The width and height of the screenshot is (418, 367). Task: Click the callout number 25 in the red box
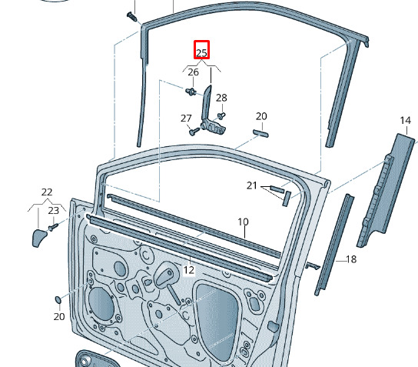coord(201,53)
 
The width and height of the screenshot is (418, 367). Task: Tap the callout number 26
coord(194,72)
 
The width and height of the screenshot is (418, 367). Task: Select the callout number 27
coord(186,118)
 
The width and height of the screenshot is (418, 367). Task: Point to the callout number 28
coord(221,98)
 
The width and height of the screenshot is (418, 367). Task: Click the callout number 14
coord(406,121)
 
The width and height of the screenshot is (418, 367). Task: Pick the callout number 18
coord(351,259)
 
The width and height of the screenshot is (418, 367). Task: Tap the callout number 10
coord(243,222)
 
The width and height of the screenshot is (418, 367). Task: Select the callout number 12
coord(189,270)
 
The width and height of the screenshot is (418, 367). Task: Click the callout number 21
coord(252,185)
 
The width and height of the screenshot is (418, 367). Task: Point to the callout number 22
coord(47,192)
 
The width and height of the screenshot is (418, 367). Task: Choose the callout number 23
coord(54,211)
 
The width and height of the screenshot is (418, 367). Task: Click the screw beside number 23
coord(53,228)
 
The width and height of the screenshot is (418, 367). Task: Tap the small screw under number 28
coord(221,116)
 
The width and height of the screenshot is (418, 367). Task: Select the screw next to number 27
coord(194,132)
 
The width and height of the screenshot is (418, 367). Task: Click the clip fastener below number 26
coord(191,92)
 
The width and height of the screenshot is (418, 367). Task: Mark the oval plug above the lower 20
coord(58,300)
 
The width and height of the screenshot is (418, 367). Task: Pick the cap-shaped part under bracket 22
coord(39,238)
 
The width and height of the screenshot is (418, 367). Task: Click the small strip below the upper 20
coord(260,133)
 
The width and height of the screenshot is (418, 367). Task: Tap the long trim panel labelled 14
coord(386,190)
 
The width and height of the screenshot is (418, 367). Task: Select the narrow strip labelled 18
coord(334,245)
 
